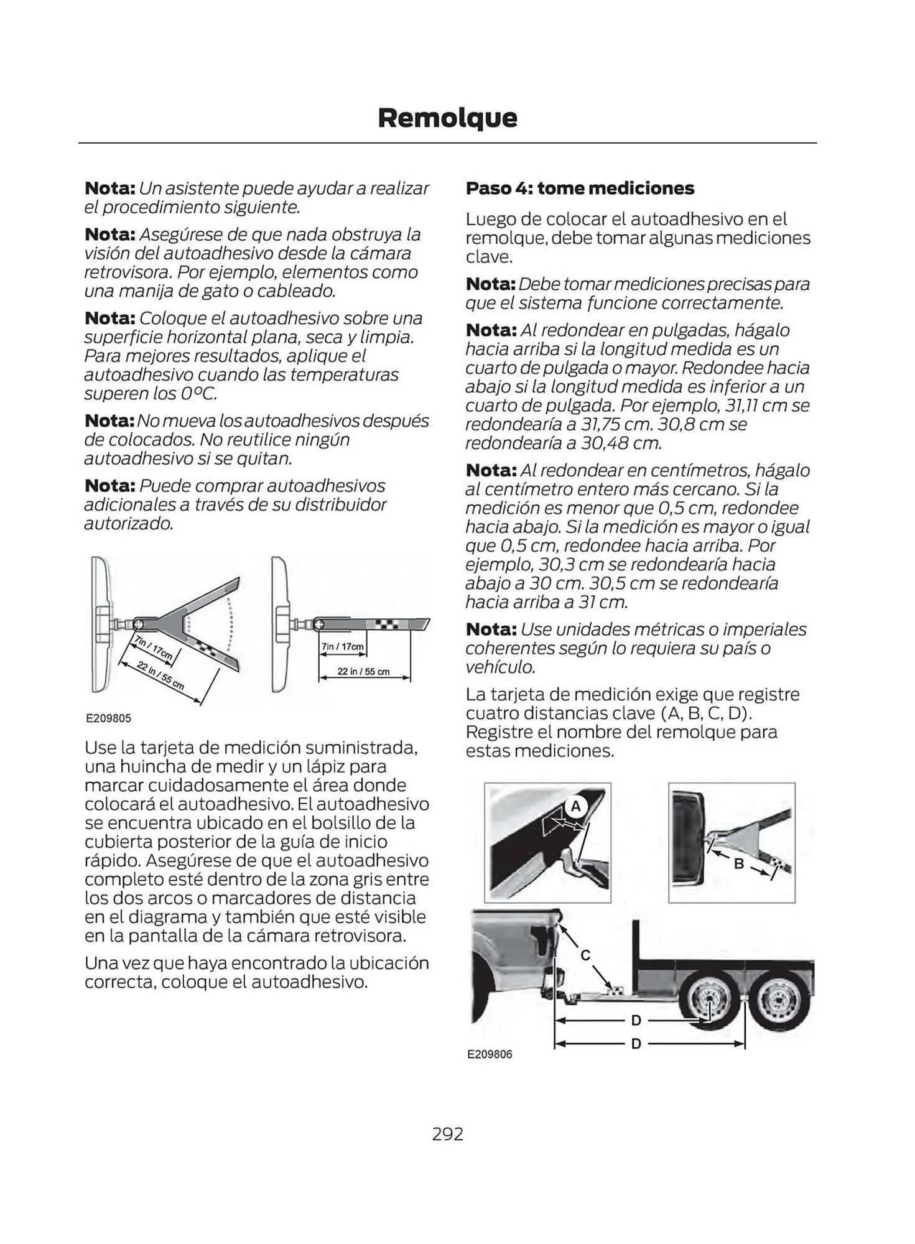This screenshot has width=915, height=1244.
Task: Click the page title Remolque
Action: coord(447,118)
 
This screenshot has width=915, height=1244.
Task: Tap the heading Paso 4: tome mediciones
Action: coord(580,188)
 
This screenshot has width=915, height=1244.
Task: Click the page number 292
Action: coord(447,1134)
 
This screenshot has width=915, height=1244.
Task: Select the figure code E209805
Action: coord(108,718)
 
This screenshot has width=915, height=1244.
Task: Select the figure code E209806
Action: coord(490,1054)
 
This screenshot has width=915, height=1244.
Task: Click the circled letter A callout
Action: coord(575,807)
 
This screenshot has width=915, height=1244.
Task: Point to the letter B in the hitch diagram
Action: coord(740,863)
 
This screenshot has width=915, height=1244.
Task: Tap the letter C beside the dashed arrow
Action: coord(585,955)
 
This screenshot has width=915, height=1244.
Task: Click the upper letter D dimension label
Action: coord(636,1020)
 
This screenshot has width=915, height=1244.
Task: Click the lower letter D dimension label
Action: coord(636,1043)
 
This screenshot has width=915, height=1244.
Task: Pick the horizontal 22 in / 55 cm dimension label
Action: coord(363,671)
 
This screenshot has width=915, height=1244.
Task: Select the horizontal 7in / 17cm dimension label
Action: coord(343,646)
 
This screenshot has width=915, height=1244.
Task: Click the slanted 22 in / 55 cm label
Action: coord(160,675)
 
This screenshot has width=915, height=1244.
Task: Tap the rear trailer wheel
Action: coord(775,1002)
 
